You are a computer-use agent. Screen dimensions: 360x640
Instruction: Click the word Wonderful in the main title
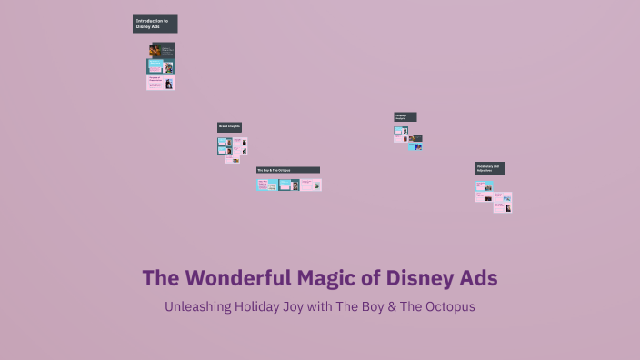236,277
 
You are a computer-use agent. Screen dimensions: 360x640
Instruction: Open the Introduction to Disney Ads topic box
155,24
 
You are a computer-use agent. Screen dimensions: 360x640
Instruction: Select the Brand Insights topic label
229,127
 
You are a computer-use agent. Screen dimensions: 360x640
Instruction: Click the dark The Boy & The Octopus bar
287,170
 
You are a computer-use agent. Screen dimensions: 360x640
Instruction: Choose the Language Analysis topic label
405,117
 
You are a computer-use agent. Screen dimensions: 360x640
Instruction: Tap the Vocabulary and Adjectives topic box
489,168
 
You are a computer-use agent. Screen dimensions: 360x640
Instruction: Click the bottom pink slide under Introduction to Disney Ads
160,83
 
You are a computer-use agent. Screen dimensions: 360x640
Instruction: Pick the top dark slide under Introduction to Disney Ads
162,50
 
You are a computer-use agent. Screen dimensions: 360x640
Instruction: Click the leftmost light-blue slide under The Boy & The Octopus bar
266,185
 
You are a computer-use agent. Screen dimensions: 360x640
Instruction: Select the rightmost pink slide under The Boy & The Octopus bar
311,185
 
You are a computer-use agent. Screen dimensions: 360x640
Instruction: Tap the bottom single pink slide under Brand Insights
233,160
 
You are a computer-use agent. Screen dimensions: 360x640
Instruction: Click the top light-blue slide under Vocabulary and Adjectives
483,186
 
